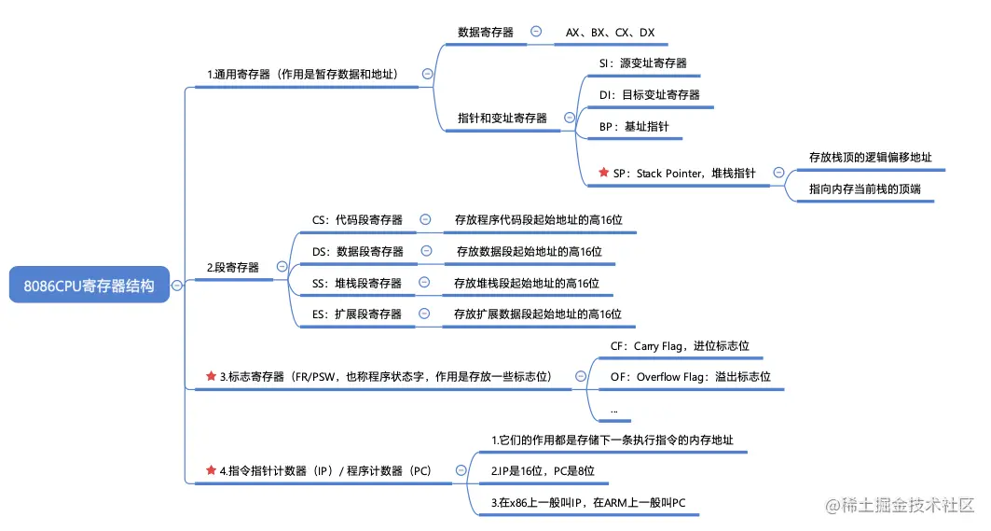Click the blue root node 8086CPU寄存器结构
[x=89, y=286]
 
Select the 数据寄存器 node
[x=485, y=32]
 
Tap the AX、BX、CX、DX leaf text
[x=610, y=32]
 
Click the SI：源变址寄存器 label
[x=642, y=63]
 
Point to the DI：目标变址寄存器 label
[x=649, y=94]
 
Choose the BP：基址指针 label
[x=634, y=126]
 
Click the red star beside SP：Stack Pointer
[x=603, y=174]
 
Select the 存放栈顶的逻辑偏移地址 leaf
[x=870, y=158]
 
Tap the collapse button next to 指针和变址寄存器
[x=567, y=118]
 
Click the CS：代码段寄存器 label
[x=357, y=220]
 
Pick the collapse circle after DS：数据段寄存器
[x=427, y=251]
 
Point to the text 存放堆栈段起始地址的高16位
[x=526, y=283]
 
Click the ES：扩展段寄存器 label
[x=357, y=314]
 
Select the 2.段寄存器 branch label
[x=233, y=267]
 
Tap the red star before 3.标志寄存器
[x=211, y=377]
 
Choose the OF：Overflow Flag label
[x=690, y=377]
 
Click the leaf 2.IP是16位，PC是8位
[x=543, y=472]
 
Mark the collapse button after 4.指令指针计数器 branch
[x=460, y=471]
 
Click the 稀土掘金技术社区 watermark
[x=899, y=504]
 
